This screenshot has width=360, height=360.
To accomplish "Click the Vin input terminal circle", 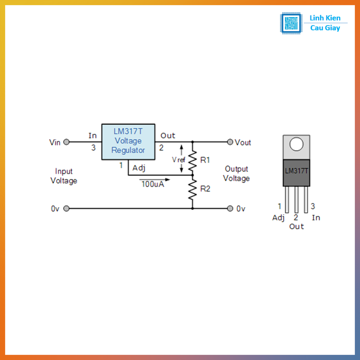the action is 66,142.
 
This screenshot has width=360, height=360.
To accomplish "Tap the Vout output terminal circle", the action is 230,142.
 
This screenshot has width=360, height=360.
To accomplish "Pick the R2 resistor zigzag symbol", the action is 192,189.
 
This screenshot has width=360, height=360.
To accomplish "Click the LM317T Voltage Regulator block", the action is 128,142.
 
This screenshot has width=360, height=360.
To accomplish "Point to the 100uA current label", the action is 153,184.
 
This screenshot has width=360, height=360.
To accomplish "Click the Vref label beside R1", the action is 178,160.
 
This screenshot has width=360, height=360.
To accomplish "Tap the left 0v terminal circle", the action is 66,208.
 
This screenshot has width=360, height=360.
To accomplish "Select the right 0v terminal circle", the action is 230,208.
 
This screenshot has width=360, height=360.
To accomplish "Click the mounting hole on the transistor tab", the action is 296,144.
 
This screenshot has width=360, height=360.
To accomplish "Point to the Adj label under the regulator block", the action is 139,168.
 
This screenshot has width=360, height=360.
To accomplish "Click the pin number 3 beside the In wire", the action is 93,148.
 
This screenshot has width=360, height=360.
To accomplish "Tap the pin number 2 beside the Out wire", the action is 161,148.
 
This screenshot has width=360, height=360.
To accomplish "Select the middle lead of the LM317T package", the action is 296,200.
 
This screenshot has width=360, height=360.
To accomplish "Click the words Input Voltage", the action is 64,176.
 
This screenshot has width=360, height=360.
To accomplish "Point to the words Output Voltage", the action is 236,174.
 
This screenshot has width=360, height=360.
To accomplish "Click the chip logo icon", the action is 291,23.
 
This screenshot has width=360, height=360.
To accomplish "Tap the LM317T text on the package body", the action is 296,171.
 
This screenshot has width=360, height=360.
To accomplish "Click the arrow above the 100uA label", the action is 154,179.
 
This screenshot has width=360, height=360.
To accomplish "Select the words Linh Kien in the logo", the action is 325,18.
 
